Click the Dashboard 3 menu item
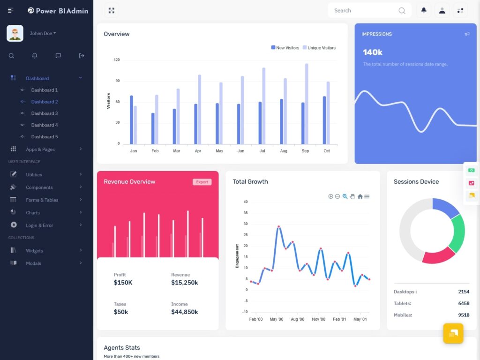pos(45,113)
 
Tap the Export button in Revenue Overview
pos(202,182)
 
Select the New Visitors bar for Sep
pos(303,123)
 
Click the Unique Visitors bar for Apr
pos(199,109)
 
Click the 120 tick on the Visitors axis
pos(117,60)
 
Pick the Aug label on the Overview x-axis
pos(284,151)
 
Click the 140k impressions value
pos(373,52)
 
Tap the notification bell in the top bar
pos(424,10)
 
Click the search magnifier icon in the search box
pos(402,11)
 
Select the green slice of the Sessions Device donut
pos(458,233)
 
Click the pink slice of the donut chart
pos(438,255)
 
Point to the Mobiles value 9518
pos(464,315)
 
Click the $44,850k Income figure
pos(184,312)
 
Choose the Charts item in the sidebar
pos(33,213)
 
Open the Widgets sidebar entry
pos(34,251)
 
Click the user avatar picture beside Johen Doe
pos(15,33)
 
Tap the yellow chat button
pos(453,333)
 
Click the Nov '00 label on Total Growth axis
pos(318,319)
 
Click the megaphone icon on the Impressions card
pos(467,34)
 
